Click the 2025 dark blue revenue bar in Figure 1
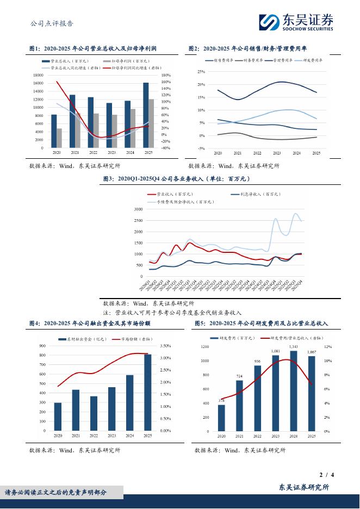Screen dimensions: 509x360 (x=146, y=115)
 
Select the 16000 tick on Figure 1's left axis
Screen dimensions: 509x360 (x=38, y=83)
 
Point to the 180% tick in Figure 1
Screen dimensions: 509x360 (x=166, y=75)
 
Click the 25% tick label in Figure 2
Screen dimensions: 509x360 (x=201, y=72)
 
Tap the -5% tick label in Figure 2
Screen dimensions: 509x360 (x=201, y=148)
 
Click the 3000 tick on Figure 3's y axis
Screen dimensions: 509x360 (x=138, y=209)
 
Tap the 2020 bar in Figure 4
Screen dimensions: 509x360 (x=58, y=417)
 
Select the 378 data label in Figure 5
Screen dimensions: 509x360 (x=221, y=401)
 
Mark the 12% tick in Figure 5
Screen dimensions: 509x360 (x=327, y=346)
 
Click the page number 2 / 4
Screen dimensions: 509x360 (x=328, y=475)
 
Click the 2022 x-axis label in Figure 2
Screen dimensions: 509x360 (x=257, y=154)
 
